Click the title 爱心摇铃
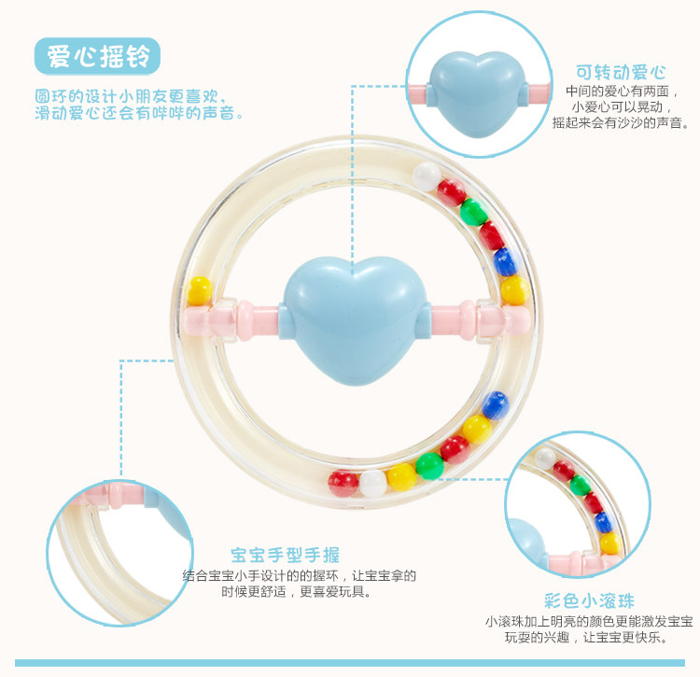coord(97,57)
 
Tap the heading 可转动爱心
coord(621,72)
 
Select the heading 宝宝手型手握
coord(286,556)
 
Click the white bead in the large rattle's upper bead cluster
coord(427,173)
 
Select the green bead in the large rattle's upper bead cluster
coord(474,210)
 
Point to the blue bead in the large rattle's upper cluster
coord(505,261)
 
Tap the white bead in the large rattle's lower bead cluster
coord(373,483)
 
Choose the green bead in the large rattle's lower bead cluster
coord(430,464)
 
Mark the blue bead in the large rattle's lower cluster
coord(495,404)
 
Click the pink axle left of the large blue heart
coord(241,318)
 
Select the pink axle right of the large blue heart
coord(467,318)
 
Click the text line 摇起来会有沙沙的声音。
coord(632,121)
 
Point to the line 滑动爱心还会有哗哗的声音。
coord(140,113)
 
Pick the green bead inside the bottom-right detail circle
coord(581,485)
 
